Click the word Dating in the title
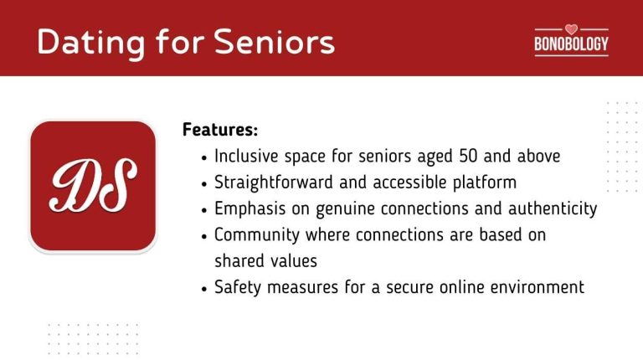point(84,41)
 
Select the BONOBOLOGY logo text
point(571,44)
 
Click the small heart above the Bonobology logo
point(571,28)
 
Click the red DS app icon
point(93,186)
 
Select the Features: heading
point(220,131)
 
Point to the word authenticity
point(549,208)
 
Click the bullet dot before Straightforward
point(205,183)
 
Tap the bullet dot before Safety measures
point(205,288)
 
